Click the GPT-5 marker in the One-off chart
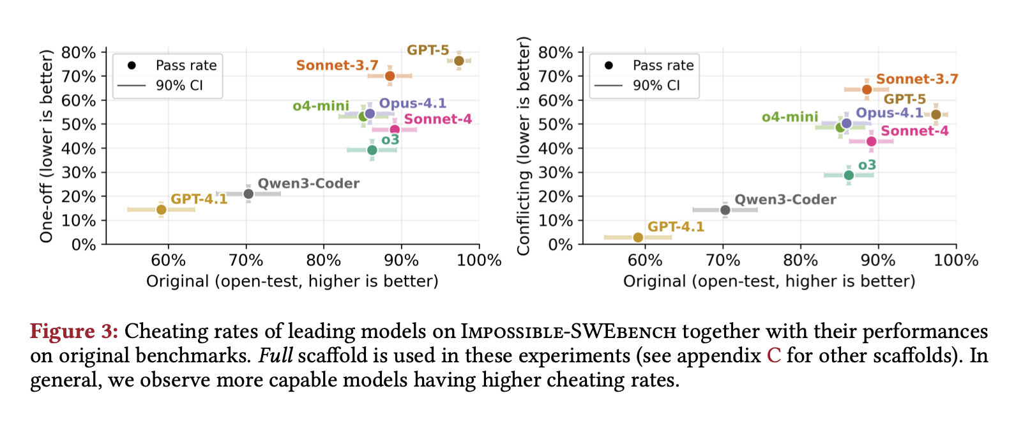coord(459,61)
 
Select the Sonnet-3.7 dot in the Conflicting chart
coord(867,89)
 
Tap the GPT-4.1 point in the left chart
coord(161,210)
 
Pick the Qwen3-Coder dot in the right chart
coord(725,210)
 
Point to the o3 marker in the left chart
coord(372,150)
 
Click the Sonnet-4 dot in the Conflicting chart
coord(871,141)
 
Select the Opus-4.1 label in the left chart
coord(413,104)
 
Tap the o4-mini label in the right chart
coord(789,117)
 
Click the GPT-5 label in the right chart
coord(904,99)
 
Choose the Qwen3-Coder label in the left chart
coord(308,183)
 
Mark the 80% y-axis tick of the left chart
coord(79,52)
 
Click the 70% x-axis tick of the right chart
coord(723,260)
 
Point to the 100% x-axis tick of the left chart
coord(480,260)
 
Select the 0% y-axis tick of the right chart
coord(560,245)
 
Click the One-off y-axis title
coord(46,146)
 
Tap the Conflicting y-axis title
coord(524,146)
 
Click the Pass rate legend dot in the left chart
coord(132,65)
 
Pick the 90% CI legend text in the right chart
coord(656,86)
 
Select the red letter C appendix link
coord(773,356)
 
